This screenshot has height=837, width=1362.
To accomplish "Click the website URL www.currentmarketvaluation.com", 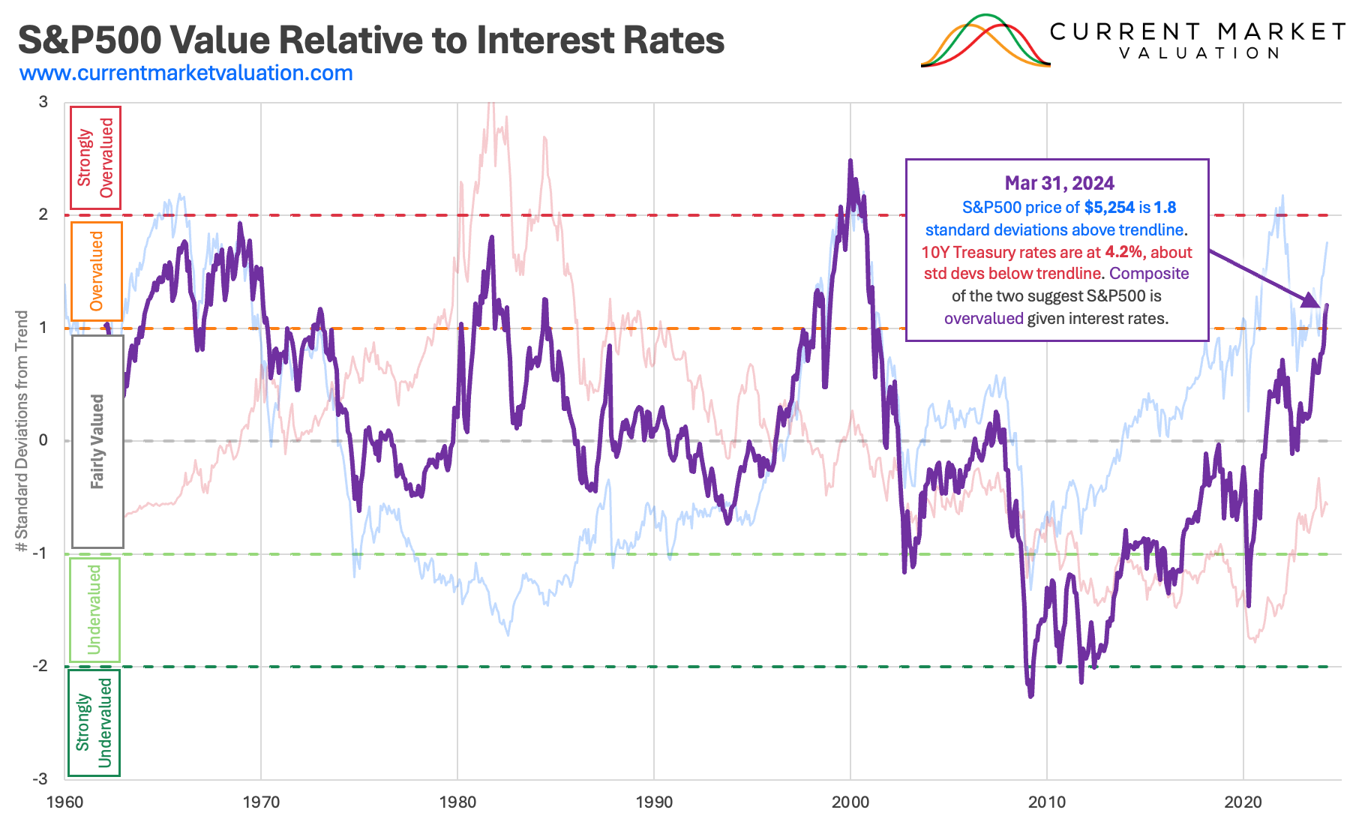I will pos(186,73).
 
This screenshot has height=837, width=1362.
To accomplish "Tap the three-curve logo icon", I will pos(985,42).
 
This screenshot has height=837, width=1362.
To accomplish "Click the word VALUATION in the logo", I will pos(1199,53).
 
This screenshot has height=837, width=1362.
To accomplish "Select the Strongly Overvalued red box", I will pos(95,157).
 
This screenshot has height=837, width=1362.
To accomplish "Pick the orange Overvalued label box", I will pos(96,271).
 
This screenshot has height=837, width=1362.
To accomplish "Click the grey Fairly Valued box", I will pos(97,441).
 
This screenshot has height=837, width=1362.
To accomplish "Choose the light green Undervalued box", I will pos(94,609).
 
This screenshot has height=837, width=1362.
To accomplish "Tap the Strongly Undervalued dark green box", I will pos(94,722).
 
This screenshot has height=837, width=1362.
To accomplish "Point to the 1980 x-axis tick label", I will pos(457,802).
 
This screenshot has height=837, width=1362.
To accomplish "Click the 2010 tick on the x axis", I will pos(1047,802).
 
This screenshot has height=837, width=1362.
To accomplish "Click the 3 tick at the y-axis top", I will pos(43,102).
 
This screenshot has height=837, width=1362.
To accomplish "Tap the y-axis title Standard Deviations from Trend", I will pos(22,431).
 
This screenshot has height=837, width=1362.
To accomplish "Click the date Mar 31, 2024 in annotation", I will pos(1059,184).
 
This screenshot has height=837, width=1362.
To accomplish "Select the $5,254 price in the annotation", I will pos(1109,208).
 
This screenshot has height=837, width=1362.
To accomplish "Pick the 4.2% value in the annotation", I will pos(1124,252).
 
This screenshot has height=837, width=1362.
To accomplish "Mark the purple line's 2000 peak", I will pos(850,161).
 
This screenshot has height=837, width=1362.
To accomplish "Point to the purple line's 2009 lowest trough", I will pos(1030,695).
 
